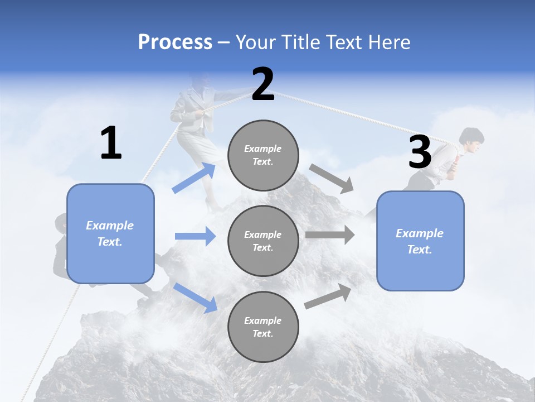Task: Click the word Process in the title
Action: [175, 42]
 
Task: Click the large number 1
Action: [111, 143]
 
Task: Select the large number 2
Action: [263, 84]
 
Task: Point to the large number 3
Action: [420, 152]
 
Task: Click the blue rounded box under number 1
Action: [110, 233]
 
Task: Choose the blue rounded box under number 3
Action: [420, 241]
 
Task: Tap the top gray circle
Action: [263, 155]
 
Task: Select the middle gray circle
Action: [263, 241]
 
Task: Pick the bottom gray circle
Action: [263, 327]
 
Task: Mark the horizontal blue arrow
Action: [195, 236]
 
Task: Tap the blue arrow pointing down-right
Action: [195, 297]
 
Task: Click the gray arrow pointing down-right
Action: [332, 179]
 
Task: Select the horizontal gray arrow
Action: [330, 235]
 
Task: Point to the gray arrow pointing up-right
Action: [328, 296]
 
